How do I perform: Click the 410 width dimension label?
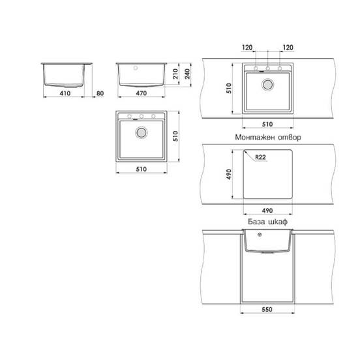(65, 93)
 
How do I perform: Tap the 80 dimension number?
(100, 93)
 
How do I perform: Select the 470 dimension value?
(142, 93)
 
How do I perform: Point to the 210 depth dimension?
(175, 74)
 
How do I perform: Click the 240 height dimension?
(187, 74)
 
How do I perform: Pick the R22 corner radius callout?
(260, 157)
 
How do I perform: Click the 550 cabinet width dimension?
(267, 309)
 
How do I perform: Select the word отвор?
(290, 138)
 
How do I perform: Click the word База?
(256, 222)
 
